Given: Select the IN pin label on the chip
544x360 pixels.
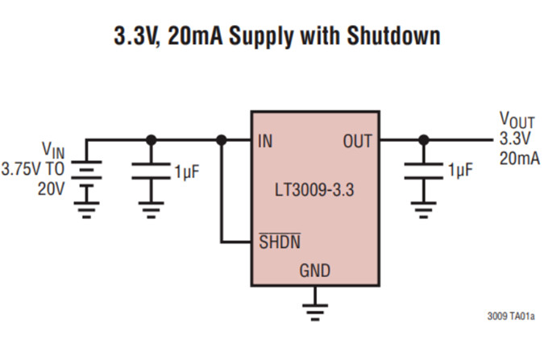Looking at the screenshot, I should [x=265, y=142].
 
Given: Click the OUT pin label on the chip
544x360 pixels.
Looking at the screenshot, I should [x=357, y=142].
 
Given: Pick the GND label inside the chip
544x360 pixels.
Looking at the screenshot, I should [x=314, y=270].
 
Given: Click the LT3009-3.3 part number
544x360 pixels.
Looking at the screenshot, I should [x=315, y=192].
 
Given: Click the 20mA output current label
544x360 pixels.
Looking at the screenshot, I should [x=519, y=157].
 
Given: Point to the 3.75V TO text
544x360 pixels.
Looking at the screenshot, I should [x=33, y=171].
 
